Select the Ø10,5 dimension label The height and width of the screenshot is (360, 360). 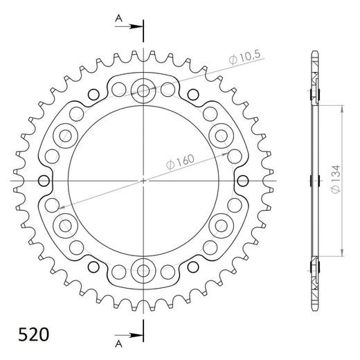click(x=241, y=61)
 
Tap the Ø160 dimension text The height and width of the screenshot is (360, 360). click(x=181, y=161)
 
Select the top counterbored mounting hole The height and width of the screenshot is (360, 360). click(x=144, y=89)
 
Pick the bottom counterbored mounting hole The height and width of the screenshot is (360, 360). click(x=144, y=270)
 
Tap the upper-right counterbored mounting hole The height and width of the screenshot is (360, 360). click(x=222, y=134)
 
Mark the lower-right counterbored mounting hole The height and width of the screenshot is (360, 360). click(x=222, y=225)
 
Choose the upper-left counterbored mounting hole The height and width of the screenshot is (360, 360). click(x=66, y=134)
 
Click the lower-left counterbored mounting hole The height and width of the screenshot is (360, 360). click(x=66, y=225)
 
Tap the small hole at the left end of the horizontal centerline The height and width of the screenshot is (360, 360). click(x=45, y=181)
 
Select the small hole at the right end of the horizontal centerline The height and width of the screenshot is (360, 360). click(x=243, y=181)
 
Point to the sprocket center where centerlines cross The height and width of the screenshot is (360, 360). click(x=144, y=181)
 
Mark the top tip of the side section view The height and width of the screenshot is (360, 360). click(x=314, y=53)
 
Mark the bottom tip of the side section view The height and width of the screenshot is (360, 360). click(x=314, y=308)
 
